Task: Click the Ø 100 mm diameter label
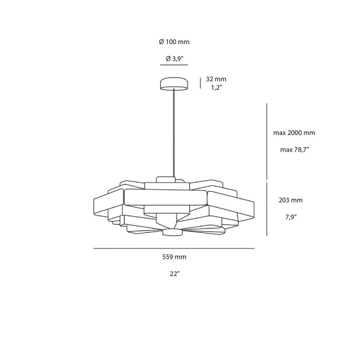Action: pos(174,42)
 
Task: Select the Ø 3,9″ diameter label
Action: pos(174,58)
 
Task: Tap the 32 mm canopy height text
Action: pos(216,78)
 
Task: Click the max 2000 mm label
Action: pos(294,133)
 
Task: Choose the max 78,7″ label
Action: pos(294,149)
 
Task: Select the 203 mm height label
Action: pos(290,200)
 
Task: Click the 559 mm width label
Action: pos(174,257)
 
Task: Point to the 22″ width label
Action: pos(174,273)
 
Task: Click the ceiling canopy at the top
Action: pos(174,83)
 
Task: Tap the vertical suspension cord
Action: pos(174,132)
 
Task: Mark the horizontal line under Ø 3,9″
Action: pos(174,65)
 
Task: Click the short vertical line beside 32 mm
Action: pos(201,83)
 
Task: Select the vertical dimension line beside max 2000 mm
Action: pos(267,142)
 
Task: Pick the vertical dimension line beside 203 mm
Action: pos(267,209)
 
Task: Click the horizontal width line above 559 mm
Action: pos(174,248)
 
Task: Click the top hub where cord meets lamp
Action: pos(166,179)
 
